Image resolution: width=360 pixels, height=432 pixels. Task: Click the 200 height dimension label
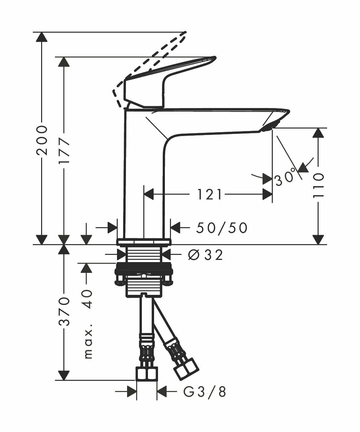point(42,140)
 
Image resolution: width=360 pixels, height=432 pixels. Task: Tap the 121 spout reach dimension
point(208,194)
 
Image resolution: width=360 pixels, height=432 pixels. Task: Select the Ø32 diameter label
point(206,255)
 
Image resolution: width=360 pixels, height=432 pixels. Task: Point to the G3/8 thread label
point(205,392)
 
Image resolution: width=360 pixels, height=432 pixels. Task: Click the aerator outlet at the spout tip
point(269,128)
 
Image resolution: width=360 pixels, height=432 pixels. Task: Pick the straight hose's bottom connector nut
point(147,374)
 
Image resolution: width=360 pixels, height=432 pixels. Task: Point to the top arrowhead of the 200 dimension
point(42,37)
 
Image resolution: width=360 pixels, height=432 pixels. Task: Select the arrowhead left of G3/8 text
point(132,392)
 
